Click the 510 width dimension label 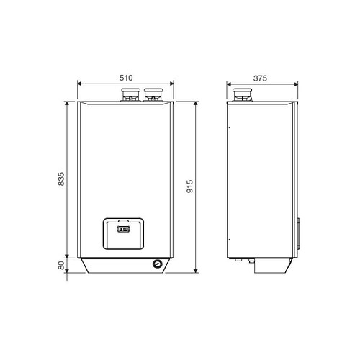(x=126, y=78)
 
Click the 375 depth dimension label (x=260, y=78)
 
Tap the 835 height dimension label (x=61, y=179)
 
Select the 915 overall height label (x=190, y=186)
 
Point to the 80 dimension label (x=61, y=265)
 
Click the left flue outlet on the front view (x=130, y=94)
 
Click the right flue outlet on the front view (x=153, y=94)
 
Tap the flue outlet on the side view (x=242, y=95)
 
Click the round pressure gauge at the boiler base (x=158, y=264)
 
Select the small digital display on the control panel (x=123, y=229)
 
